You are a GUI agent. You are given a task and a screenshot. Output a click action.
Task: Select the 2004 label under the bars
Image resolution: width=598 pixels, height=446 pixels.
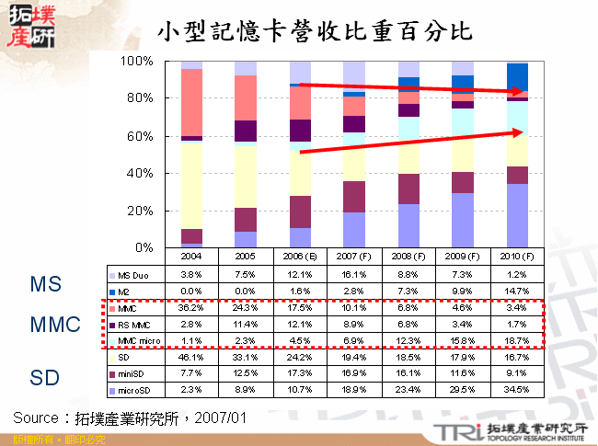pos(191,256)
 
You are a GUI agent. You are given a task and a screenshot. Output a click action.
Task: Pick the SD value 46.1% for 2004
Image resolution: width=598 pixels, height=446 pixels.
pos(191,357)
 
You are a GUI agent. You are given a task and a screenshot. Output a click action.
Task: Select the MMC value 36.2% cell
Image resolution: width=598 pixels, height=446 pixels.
pos(191,308)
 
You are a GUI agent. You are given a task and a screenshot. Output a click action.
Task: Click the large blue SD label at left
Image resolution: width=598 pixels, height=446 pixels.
pos(45,377)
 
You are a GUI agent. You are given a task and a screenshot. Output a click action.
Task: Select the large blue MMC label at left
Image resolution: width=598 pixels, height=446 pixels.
pos(53,324)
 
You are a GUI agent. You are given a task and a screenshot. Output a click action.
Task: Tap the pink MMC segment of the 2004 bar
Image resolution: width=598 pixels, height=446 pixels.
pos(191,102)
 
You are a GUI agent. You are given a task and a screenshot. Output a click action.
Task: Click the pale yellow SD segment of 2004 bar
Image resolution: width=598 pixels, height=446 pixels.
pos(191,185)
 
